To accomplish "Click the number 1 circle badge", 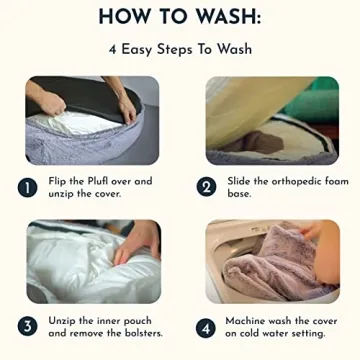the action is click(x=27, y=188).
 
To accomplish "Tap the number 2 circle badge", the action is click(x=206, y=188).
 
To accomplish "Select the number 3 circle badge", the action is click(x=27, y=327).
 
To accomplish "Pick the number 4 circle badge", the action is click(x=206, y=328).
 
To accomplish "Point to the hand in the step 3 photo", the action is click(x=137, y=242).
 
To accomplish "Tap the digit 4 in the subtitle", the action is click(x=112, y=50).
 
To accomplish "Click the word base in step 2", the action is click(x=239, y=194).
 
